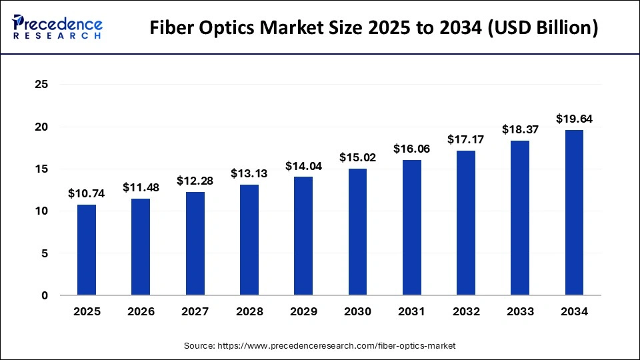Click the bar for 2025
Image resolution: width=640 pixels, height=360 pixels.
pyautogui.click(x=87, y=250)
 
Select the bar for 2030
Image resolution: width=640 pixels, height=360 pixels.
pyautogui.click(x=358, y=232)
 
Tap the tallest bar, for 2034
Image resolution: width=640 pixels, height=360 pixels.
pyautogui.click(x=574, y=213)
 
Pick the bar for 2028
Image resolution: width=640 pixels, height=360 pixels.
pyautogui.click(x=249, y=240)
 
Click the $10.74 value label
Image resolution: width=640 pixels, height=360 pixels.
pyautogui.click(x=86, y=194)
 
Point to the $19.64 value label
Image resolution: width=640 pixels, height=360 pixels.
pyautogui.click(x=574, y=119)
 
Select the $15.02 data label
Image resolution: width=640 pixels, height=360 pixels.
pyautogui.click(x=358, y=158)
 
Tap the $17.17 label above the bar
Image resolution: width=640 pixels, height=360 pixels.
pyautogui.click(x=466, y=140)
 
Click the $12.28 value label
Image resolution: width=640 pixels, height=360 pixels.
pyautogui.click(x=195, y=181)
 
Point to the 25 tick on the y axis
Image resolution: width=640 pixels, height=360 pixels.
pyautogui.click(x=41, y=85)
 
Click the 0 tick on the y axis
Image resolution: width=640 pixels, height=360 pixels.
pyautogui.click(x=45, y=295)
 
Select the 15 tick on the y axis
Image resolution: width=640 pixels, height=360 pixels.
pyautogui.click(x=41, y=169)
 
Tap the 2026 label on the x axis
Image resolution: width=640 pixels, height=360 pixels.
pyautogui.click(x=141, y=312)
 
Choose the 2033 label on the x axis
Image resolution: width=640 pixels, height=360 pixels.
pyautogui.click(x=520, y=312)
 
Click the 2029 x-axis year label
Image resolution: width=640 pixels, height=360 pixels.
pyautogui.click(x=303, y=312)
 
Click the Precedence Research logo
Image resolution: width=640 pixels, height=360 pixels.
pyautogui.click(x=57, y=27)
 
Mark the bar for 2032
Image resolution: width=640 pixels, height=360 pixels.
pyautogui.click(x=466, y=223)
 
